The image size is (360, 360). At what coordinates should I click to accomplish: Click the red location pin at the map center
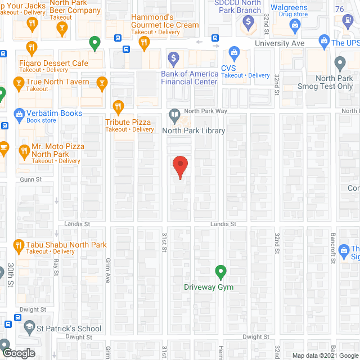(179, 166)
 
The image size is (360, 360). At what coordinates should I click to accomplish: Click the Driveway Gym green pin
(221, 273)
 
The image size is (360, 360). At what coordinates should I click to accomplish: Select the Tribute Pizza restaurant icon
(118, 106)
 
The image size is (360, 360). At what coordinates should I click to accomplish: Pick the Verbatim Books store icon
(20, 114)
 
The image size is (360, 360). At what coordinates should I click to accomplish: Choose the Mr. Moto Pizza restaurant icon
(24, 150)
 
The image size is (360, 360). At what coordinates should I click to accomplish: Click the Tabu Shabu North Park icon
(19, 245)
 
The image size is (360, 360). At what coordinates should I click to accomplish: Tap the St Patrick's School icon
(28, 328)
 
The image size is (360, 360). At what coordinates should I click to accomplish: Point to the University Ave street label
(280, 43)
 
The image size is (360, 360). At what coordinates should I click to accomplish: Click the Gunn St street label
(31, 179)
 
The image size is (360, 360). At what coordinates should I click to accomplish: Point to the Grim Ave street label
(107, 269)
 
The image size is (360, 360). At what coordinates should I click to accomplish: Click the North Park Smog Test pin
(339, 63)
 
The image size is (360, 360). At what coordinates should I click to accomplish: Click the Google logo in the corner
(18, 353)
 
